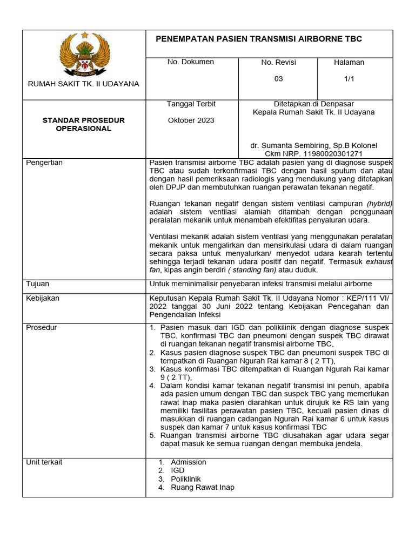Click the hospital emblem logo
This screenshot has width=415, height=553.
(84, 53)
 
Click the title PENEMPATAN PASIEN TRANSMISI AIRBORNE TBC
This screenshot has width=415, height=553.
(259, 39)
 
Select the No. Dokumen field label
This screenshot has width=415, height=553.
(190, 62)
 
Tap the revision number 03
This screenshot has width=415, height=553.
(278, 79)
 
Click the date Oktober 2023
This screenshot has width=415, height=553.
(191, 120)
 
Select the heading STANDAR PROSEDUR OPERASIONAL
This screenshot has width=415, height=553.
(84, 124)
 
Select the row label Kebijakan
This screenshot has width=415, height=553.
(43, 298)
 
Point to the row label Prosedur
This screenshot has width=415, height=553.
(41, 327)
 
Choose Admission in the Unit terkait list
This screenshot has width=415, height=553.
(189, 462)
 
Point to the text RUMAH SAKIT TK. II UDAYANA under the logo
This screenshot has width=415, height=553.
(84, 84)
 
